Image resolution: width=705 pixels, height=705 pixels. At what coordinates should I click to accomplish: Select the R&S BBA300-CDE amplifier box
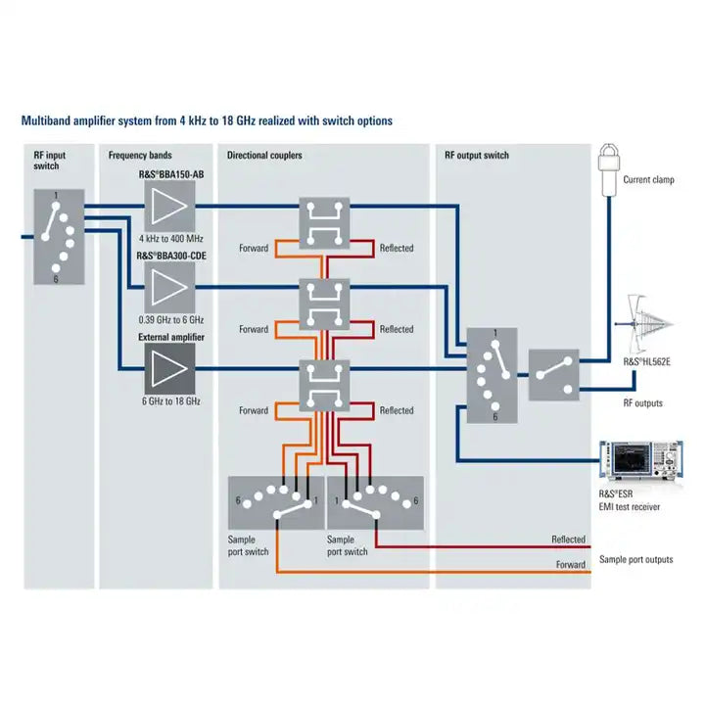point(171,290)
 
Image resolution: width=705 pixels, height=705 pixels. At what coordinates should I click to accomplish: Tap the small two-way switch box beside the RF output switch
point(554,375)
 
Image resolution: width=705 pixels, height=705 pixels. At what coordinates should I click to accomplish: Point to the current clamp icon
point(610,163)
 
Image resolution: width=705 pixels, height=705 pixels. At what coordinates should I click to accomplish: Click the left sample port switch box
point(275,502)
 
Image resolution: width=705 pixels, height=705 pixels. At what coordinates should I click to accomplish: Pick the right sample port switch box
point(375,502)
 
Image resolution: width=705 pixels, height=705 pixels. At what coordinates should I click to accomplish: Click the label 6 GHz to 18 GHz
point(171,401)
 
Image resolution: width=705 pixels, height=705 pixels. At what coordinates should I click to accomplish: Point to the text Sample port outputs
point(635,560)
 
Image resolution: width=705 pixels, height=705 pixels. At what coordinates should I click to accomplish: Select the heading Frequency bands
point(140,156)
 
